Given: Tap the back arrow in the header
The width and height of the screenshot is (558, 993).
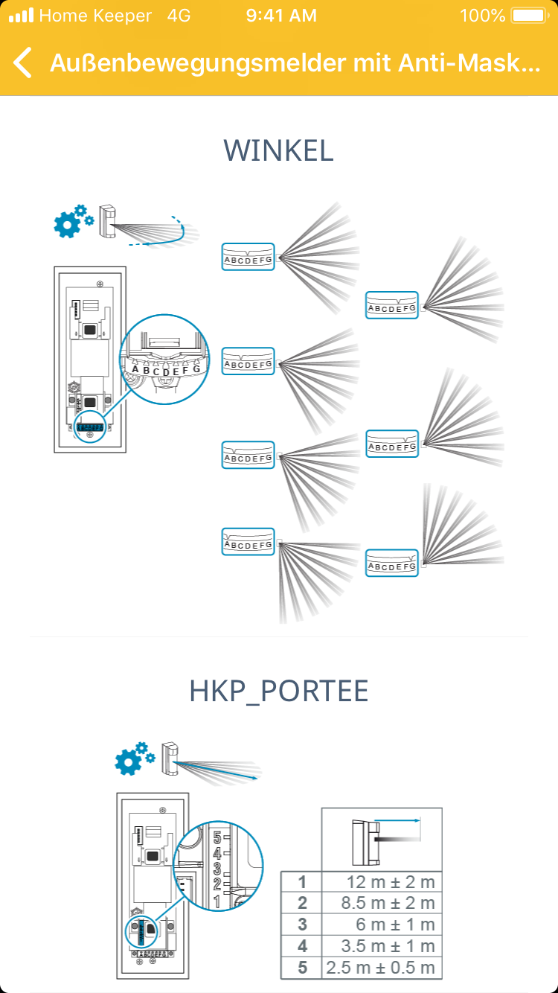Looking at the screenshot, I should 23,63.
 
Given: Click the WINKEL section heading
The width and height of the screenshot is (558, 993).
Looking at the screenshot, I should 278,151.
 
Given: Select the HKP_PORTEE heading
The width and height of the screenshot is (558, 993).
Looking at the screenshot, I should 279,692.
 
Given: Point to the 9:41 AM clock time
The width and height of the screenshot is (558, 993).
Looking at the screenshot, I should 281,16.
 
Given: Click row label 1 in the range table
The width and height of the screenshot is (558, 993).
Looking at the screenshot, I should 301,883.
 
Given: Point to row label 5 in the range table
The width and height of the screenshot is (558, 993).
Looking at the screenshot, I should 301,968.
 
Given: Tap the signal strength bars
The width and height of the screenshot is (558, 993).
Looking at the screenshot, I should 21,16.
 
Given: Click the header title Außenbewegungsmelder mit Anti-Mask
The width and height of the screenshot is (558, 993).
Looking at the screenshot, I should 295,64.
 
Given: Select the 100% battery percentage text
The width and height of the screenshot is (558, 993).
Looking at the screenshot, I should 483,16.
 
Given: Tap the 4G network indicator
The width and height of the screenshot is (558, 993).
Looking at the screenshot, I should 179,16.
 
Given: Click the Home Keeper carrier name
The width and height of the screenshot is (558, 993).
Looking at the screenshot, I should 95,16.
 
